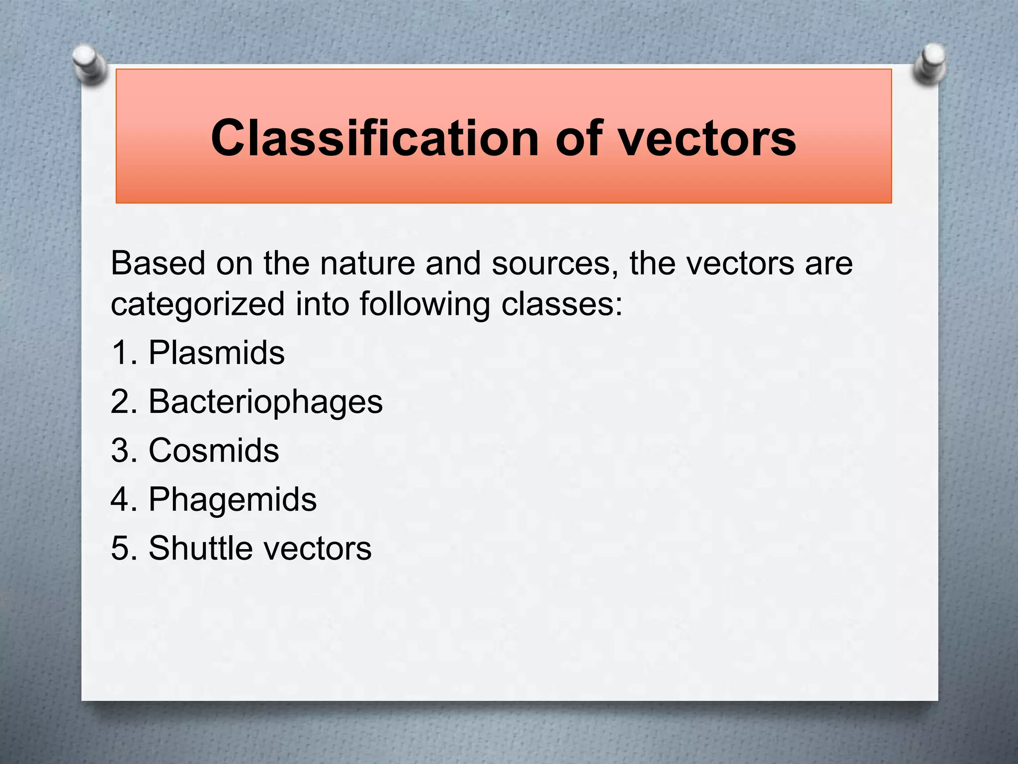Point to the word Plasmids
point(216,353)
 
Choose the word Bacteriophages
point(265,401)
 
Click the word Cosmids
point(214,450)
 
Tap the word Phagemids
point(232,499)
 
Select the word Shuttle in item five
point(198,548)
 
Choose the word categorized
point(197,304)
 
